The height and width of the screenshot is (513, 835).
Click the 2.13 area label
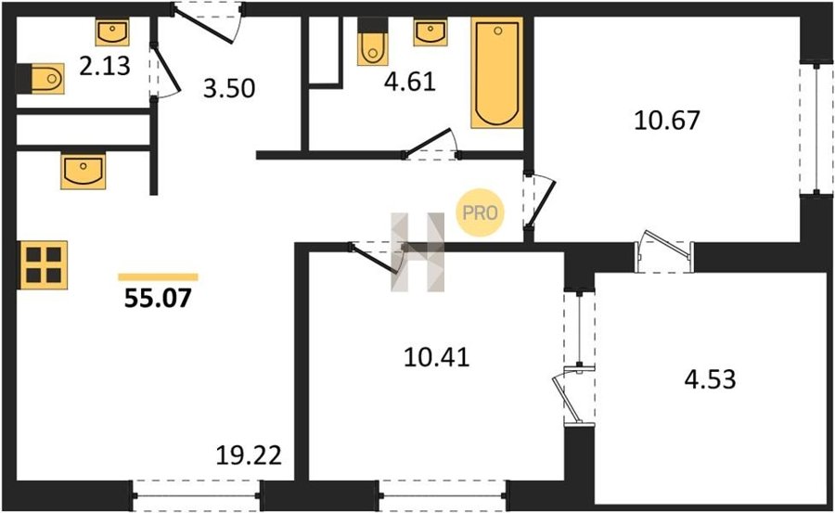(105, 67)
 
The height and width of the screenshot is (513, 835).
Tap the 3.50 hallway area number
(229, 88)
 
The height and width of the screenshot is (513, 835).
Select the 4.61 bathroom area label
(410, 82)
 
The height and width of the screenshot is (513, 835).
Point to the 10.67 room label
(667, 120)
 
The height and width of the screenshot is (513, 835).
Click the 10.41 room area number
(437, 357)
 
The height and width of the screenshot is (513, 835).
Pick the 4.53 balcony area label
(710, 379)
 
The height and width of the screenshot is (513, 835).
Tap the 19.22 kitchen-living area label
(249, 455)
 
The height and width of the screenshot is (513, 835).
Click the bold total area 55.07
(158, 299)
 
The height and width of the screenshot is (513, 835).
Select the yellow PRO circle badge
(480, 212)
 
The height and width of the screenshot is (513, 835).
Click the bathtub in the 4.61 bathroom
(496, 72)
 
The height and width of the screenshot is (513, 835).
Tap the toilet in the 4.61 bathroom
(372, 42)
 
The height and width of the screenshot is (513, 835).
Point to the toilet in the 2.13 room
(41, 79)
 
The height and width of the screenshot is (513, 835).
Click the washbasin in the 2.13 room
(112, 32)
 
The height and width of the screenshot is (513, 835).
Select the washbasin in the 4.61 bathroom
(430, 32)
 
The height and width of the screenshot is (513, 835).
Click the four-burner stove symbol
(44, 264)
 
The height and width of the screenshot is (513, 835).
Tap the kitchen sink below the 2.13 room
(83, 171)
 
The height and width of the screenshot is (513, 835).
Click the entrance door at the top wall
(207, 23)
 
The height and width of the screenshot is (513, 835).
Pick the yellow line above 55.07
(158, 277)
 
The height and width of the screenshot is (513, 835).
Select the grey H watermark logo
(417, 252)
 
